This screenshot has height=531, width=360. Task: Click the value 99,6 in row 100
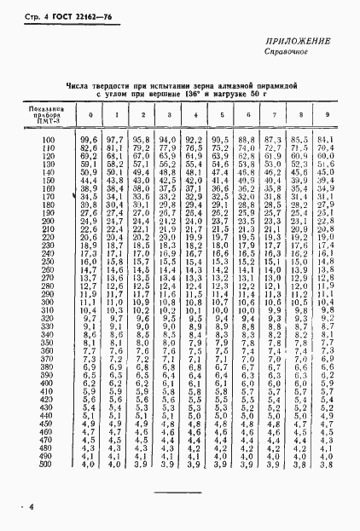pyautogui.click(x=88, y=139)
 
